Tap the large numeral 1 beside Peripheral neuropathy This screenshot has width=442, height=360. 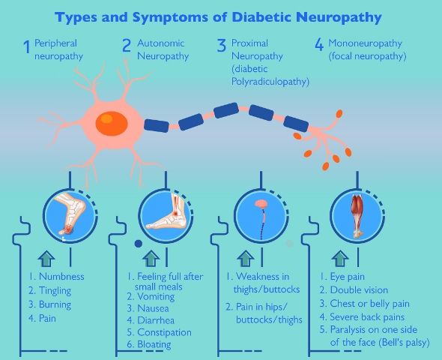pos(26,46)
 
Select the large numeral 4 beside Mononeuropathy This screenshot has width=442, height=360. pos(319,45)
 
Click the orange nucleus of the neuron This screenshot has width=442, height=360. pos(112,123)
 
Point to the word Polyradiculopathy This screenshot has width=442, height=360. pos(270,82)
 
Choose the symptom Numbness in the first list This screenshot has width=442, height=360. pos(61,277)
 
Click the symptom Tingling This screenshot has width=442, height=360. pos(55,290)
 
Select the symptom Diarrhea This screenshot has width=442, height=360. pos(156,320)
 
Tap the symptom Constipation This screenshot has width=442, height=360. pos(164,332)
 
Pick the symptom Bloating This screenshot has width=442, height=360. pos(154,344)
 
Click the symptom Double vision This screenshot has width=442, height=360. pos(359,290)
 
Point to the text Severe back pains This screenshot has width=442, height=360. pos(367,317)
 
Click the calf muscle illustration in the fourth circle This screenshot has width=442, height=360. pos(357,216)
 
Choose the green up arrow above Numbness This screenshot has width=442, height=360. pos(46,259)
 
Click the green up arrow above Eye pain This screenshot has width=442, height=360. pos(340,259)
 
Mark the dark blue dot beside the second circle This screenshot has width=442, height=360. pos(138,244)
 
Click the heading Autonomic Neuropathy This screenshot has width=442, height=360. pos(163,49)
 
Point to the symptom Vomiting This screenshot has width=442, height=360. pos(156,297)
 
